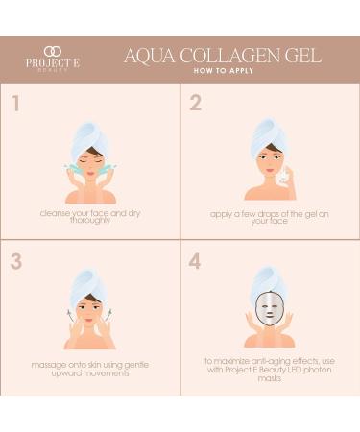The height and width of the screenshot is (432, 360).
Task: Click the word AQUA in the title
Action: [149, 55]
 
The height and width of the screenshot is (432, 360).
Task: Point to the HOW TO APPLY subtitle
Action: [225, 71]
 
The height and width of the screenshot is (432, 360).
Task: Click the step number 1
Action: [15, 103]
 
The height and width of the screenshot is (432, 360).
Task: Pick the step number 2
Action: [195, 103]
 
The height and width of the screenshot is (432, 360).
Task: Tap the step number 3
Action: [15, 261]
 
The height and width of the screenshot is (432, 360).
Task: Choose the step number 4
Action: [195, 261]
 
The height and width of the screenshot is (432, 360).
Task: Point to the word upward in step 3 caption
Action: [68, 373]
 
